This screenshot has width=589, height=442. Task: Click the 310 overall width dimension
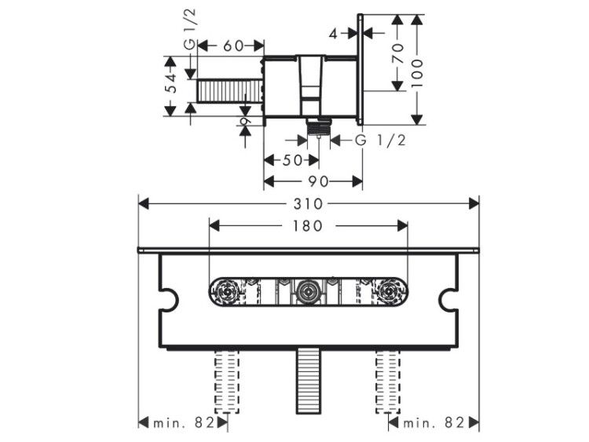pos(308,204)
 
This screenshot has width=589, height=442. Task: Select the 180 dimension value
pos(308,225)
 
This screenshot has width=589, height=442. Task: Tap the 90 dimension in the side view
pos(319,182)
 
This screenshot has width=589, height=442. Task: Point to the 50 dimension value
pos(292,160)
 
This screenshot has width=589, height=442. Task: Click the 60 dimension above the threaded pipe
pos(233,46)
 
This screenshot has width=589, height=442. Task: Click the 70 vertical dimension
pos(398,53)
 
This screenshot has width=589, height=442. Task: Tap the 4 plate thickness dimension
pos(333,34)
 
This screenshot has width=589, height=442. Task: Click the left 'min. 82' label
pos(183,423)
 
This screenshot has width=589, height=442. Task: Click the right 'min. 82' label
pos(434,423)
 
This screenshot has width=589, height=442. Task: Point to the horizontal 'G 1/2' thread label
pos(381,141)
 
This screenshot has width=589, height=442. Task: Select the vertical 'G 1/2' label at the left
pos(190,30)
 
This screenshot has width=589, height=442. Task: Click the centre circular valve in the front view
pos(308,291)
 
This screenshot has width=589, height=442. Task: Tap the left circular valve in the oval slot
pos(225,292)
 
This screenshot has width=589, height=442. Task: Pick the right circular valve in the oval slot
pos(389,292)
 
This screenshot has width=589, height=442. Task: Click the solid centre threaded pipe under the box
pos(308,381)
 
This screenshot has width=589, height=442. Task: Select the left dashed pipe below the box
pos(226,382)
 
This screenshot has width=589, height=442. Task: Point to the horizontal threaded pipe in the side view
pos(229,91)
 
